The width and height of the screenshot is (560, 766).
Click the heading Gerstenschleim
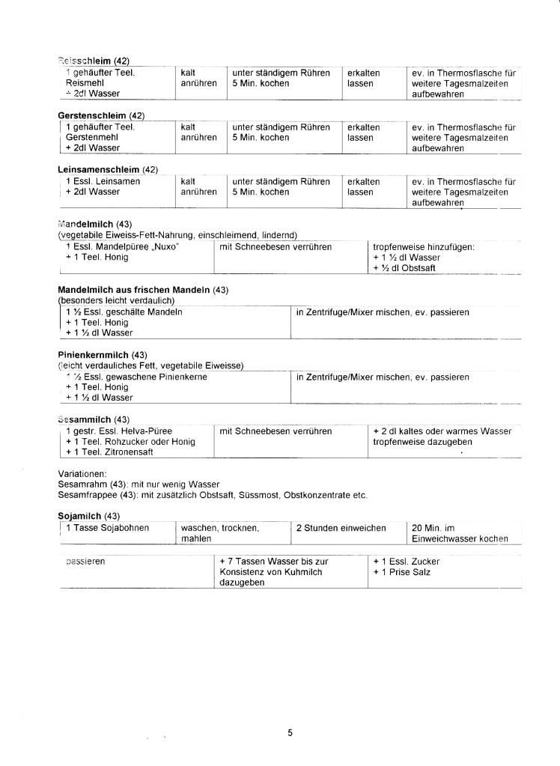pyautogui.click(x=92, y=115)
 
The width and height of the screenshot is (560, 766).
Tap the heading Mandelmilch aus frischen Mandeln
pyautogui.click(x=134, y=290)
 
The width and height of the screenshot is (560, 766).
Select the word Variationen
pyautogui.click(x=82, y=474)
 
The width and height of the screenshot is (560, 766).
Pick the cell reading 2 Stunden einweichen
pyautogui.click(x=341, y=528)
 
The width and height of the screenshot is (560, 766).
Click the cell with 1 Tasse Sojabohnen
pyautogui.click(x=107, y=528)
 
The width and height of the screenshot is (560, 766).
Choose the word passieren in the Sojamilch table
pyautogui.click(x=85, y=561)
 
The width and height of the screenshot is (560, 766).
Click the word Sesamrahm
pyautogui.click(x=79, y=484)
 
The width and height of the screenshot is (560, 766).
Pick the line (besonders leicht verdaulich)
pyautogui.click(x=116, y=300)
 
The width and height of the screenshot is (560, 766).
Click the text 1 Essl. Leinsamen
pyautogui.click(x=103, y=181)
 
